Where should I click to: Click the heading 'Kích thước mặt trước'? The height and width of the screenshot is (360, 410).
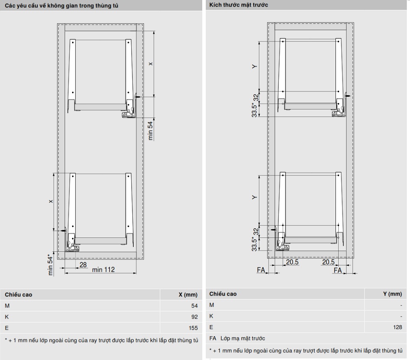(x=239, y=5)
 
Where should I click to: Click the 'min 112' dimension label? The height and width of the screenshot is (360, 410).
(x=103, y=269)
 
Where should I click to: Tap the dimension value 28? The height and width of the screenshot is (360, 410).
(x=83, y=264)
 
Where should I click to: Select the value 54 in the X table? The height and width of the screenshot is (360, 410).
(x=194, y=305)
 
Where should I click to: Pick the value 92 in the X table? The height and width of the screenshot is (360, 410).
(x=194, y=317)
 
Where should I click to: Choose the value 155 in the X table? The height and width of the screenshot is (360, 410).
(x=193, y=328)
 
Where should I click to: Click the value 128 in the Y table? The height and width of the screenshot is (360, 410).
(x=397, y=327)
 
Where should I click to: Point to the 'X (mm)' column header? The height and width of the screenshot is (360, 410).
(x=188, y=295)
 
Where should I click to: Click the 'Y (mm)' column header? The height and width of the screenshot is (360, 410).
(x=392, y=294)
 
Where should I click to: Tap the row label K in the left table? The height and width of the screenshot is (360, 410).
(x=7, y=317)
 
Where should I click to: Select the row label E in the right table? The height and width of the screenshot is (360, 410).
(x=211, y=327)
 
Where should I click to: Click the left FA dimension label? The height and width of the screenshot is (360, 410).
(x=261, y=269)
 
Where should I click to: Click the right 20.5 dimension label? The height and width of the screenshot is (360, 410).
(x=328, y=262)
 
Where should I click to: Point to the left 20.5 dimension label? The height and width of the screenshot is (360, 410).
(x=292, y=262)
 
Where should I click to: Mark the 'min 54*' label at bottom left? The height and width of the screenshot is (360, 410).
(x=50, y=265)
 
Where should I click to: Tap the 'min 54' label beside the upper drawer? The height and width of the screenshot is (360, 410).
(x=150, y=131)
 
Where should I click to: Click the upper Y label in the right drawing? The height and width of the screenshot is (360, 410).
(x=255, y=66)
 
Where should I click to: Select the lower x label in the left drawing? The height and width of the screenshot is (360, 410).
(x=51, y=201)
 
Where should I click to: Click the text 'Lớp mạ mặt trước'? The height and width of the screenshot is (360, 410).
(x=243, y=338)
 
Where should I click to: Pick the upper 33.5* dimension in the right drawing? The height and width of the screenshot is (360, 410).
(x=255, y=110)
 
